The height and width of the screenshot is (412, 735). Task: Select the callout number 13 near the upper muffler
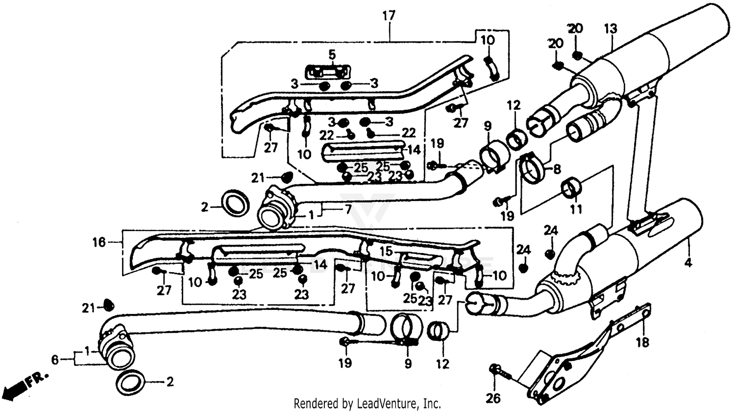(611, 29)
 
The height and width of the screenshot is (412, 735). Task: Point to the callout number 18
(642, 342)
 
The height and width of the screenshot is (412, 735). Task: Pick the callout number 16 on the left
(99, 242)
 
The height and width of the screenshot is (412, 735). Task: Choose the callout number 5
(332, 55)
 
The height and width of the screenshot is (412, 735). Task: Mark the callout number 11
(576, 209)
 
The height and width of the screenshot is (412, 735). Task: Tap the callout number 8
(557, 170)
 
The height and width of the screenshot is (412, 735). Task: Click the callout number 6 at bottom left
(55, 360)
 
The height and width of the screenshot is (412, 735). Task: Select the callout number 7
(347, 210)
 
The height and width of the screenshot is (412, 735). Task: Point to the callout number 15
(387, 251)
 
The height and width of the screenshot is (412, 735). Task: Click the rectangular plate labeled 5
(329, 72)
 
